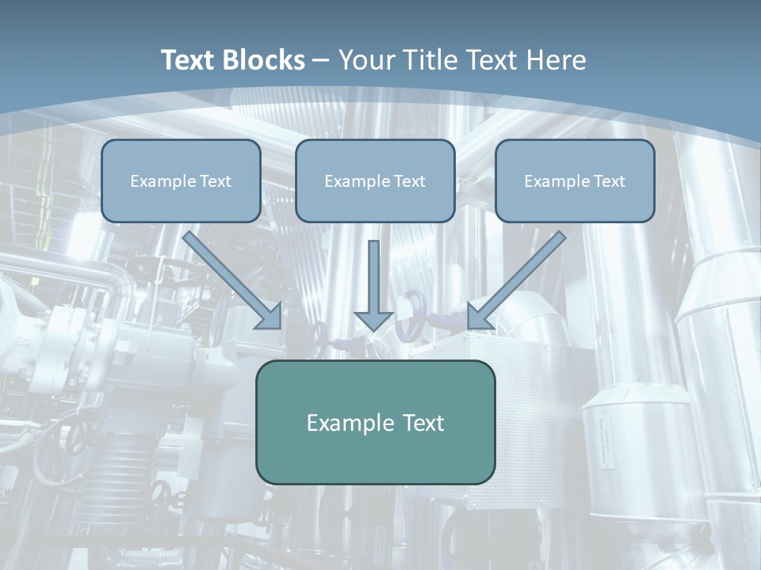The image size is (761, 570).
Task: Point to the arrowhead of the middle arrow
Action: (x=374, y=321)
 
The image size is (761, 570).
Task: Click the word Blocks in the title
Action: (x=266, y=60)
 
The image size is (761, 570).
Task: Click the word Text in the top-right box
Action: (x=608, y=181)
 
